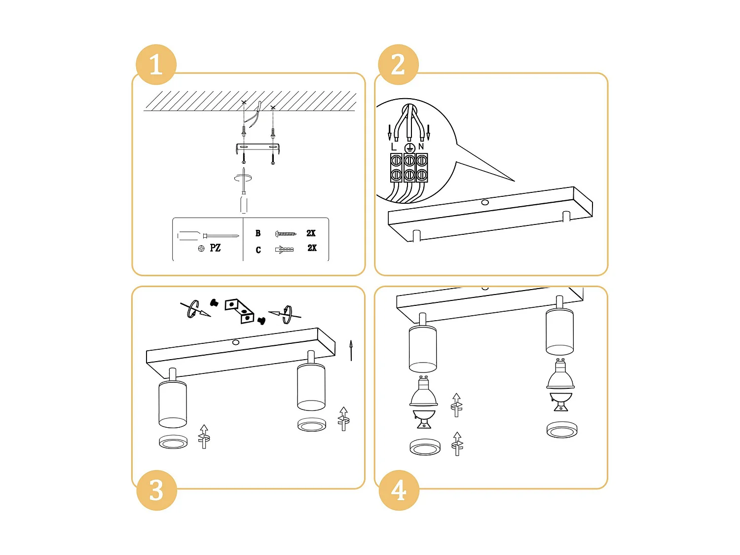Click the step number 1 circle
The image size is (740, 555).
click(156, 65)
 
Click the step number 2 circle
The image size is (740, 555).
click(398, 65)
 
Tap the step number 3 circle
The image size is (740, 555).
click(156, 490)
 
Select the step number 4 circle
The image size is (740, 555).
click(399, 490)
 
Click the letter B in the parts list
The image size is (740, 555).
click(258, 233)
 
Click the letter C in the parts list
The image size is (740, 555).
click(258, 250)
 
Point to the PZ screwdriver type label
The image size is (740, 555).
click(215, 248)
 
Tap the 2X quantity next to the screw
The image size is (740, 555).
click(311, 233)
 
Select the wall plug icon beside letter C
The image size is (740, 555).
click(284, 250)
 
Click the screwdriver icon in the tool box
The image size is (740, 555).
click(208, 236)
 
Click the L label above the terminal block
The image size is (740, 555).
click(393, 147)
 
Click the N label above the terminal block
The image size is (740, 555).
click(421, 147)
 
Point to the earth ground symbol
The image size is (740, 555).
click(409, 148)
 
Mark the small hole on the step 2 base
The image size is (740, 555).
click(485, 202)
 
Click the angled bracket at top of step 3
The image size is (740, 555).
click(240, 311)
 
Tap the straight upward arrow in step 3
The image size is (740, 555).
click(351, 350)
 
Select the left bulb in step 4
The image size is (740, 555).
click(423, 394)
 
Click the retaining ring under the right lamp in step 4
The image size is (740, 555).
click(561, 430)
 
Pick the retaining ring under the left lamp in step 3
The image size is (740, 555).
click(173, 442)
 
